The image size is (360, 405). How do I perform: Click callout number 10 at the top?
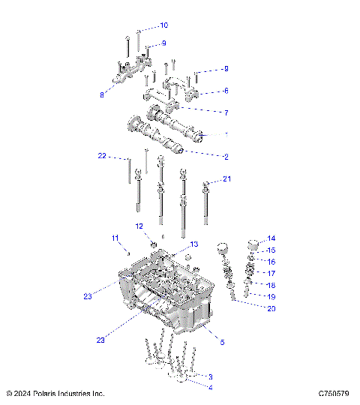(164, 25)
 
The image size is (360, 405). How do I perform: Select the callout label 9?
(163, 43)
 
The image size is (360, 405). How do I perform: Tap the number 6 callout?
(225, 91)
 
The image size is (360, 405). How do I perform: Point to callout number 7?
(225, 112)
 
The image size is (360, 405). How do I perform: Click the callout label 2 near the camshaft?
(225, 157)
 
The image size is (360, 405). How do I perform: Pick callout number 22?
(102, 156)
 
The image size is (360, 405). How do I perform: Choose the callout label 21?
(227, 178)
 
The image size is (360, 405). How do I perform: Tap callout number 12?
(139, 226)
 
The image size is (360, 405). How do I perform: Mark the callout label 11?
(115, 238)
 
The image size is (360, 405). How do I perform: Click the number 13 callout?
(193, 244)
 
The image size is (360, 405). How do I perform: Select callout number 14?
(271, 238)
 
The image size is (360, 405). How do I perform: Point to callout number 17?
(271, 274)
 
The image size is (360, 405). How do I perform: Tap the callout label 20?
(271, 309)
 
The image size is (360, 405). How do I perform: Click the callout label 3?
(211, 376)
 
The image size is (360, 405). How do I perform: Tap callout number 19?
(271, 297)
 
